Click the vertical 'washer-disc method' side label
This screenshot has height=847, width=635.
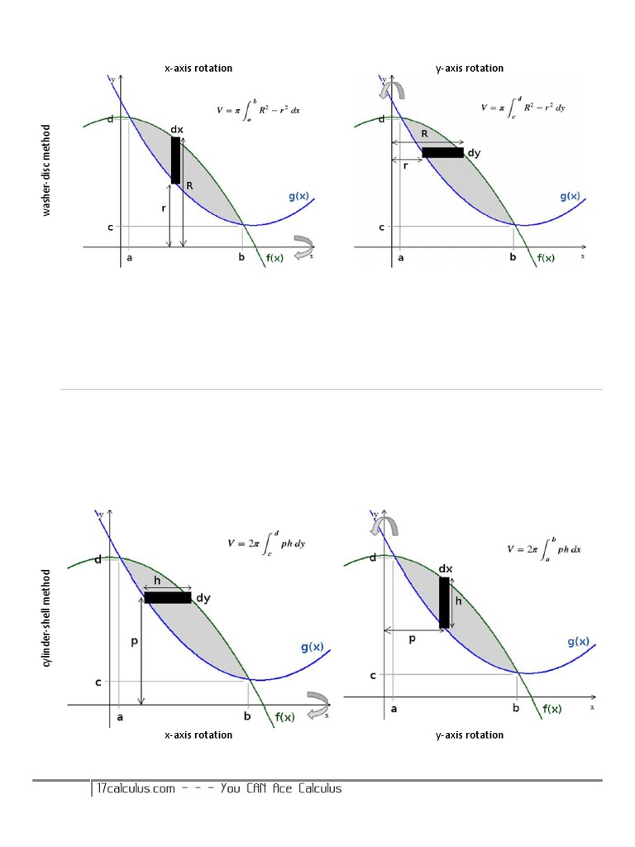(x=47, y=170)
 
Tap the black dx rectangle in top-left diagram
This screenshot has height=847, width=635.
(x=175, y=160)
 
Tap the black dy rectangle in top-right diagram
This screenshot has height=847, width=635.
(x=442, y=152)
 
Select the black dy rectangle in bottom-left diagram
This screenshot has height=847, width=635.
(x=168, y=597)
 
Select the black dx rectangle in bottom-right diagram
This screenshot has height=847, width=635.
(x=444, y=602)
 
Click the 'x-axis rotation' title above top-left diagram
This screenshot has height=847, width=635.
(x=198, y=68)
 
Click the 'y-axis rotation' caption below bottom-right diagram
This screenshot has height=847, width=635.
(x=470, y=735)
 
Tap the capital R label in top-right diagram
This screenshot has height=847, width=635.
(x=425, y=133)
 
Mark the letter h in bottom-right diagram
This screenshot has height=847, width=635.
(x=457, y=601)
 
